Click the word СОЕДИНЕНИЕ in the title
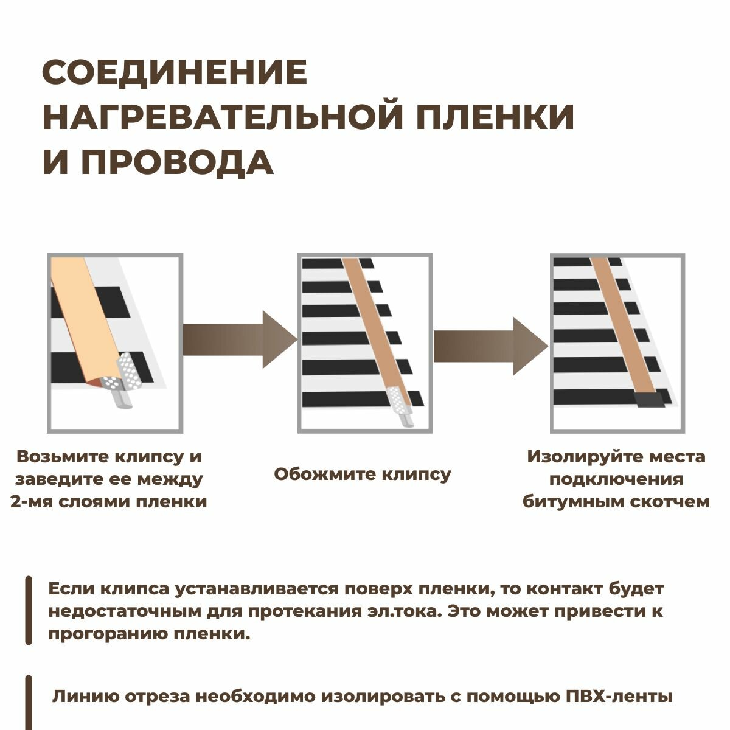point(175,72)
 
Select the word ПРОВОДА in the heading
point(177,162)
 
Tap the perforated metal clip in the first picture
point(125,372)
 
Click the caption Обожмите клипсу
point(363,474)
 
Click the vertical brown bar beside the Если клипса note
point(29,610)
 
